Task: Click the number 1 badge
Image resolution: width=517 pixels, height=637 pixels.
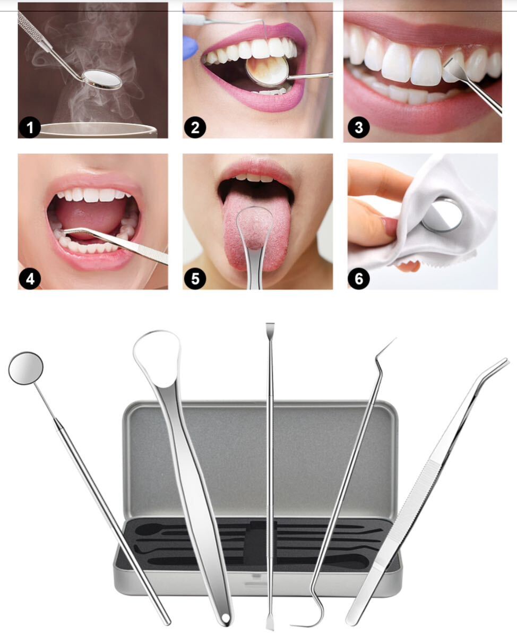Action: pyautogui.click(x=30, y=128)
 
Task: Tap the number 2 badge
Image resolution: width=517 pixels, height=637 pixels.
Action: pyautogui.click(x=195, y=128)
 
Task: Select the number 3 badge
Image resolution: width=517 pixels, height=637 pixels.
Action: pyautogui.click(x=359, y=128)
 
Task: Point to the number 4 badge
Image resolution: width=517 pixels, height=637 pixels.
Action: pyautogui.click(x=30, y=279)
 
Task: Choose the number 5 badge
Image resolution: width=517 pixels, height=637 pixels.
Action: pyautogui.click(x=195, y=279)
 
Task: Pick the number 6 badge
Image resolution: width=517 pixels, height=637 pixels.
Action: pyautogui.click(x=359, y=279)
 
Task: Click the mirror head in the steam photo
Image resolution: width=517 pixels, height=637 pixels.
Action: pyautogui.click(x=102, y=79)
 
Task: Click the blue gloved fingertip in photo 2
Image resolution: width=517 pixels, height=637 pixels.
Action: pyautogui.click(x=189, y=49)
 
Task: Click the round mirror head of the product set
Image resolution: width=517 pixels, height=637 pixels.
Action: pyautogui.click(x=25, y=368)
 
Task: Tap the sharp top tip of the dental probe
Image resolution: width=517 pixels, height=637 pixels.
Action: pyautogui.click(x=395, y=338)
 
